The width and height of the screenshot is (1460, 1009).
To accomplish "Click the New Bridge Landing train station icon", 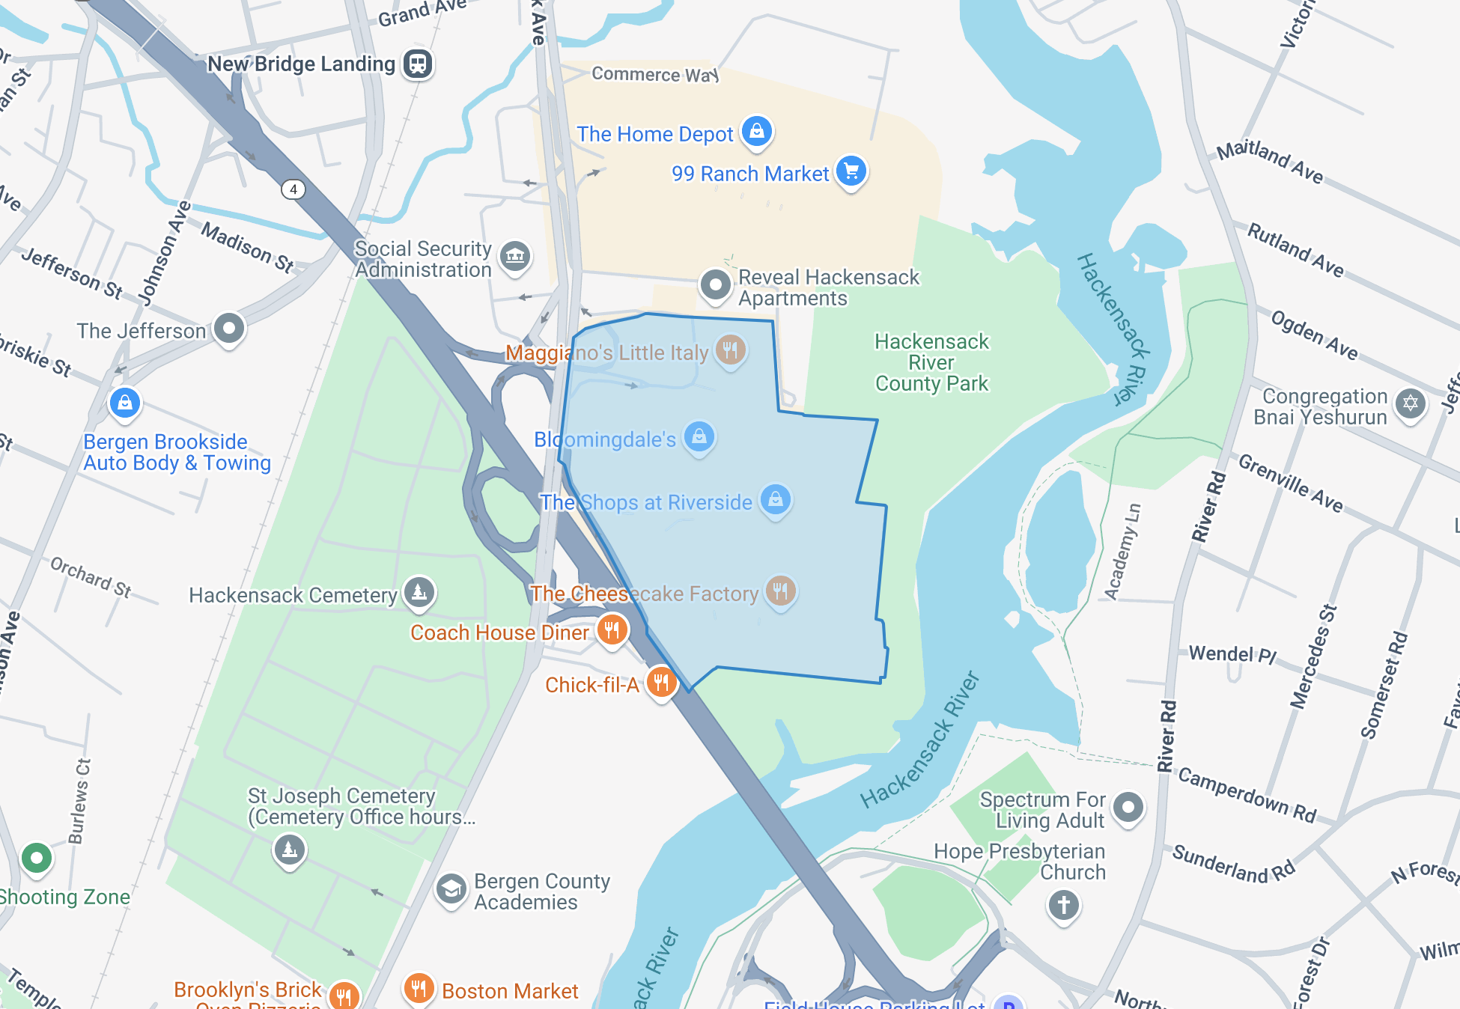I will pyautogui.click(x=418, y=64).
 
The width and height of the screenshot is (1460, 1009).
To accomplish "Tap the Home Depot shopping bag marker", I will pyautogui.click(x=756, y=132).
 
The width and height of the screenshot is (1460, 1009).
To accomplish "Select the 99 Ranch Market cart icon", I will pyautogui.click(x=851, y=171).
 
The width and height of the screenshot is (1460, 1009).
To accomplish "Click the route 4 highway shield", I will pyautogui.click(x=293, y=189).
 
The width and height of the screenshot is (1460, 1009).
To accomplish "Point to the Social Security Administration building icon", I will pyautogui.click(x=515, y=257).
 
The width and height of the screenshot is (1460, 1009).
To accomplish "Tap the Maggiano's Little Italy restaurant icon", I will pyautogui.click(x=730, y=350).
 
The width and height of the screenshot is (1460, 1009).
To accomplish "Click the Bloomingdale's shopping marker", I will pyautogui.click(x=699, y=436).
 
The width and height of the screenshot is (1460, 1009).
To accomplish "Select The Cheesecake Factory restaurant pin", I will pyautogui.click(x=780, y=591).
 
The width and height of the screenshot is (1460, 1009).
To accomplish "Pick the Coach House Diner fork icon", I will pyautogui.click(x=612, y=630).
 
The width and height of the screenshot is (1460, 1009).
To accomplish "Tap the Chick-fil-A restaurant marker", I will pyautogui.click(x=661, y=682).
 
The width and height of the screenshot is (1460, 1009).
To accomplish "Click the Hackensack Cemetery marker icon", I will pyautogui.click(x=419, y=593).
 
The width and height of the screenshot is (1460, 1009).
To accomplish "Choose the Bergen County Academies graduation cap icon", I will pyautogui.click(x=451, y=890).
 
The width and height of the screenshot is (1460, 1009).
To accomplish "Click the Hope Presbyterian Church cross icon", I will pyautogui.click(x=1063, y=904).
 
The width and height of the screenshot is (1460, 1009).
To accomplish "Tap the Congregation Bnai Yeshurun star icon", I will pyautogui.click(x=1411, y=404).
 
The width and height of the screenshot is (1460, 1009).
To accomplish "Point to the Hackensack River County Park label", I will pyautogui.click(x=931, y=363).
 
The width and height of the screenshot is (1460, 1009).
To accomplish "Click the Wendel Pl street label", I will pyautogui.click(x=1232, y=654).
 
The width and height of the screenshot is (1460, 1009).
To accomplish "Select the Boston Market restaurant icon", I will pyautogui.click(x=419, y=989).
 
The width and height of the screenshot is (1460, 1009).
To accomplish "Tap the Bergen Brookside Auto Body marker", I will pyautogui.click(x=125, y=403).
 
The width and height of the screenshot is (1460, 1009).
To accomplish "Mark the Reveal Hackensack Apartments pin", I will pyautogui.click(x=715, y=285).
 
